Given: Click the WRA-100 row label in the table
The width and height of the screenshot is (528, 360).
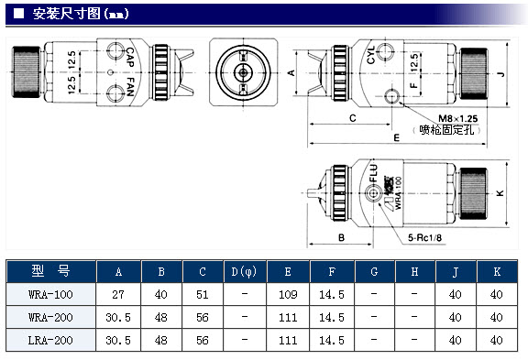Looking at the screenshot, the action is click(50, 295).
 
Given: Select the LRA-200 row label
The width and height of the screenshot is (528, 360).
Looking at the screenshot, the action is click(50, 341).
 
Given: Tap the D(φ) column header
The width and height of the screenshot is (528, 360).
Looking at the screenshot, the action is click(244, 271).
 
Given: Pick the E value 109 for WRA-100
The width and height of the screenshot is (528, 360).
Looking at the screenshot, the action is click(288, 295).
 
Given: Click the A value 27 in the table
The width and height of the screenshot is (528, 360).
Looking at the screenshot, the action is click(118, 295).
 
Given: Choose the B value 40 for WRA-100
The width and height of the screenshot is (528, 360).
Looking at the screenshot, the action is click(161, 295).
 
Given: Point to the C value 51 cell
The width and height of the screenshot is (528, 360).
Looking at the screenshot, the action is click(203, 295).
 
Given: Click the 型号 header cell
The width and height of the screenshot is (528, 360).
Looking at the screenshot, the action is click(50, 271).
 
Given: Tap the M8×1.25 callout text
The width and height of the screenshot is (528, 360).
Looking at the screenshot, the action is click(458, 118).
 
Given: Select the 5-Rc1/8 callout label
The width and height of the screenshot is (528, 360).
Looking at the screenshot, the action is click(424, 238).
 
